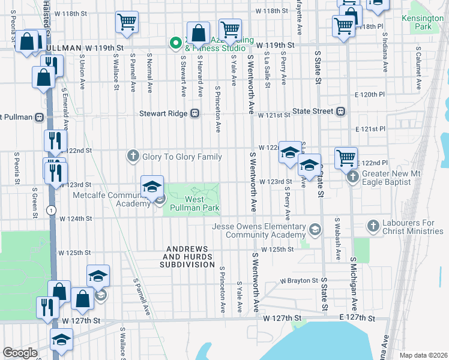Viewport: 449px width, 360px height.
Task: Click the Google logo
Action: [x=20, y=353]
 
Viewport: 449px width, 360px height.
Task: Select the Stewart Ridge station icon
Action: [x=194, y=113]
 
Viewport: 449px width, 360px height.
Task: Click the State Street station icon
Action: [x=341, y=111]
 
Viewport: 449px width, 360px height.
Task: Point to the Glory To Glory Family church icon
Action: [x=133, y=157]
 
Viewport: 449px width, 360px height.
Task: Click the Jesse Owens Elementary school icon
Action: [x=314, y=230]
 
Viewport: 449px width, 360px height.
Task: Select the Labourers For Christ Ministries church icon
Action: [x=373, y=227]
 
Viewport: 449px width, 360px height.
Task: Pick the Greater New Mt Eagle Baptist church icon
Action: [x=352, y=176]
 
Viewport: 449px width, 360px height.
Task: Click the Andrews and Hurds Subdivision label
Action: [x=187, y=256]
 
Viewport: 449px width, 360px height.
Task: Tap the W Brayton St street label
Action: [x=298, y=280]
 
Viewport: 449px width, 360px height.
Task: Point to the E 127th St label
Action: [x=357, y=318]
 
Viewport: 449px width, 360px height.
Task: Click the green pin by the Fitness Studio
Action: [x=175, y=43]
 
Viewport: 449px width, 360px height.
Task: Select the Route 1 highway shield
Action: [x=52, y=209]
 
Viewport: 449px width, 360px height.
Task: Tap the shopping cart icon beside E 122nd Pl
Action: [x=346, y=158]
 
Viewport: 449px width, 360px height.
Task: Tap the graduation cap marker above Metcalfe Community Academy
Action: [x=152, y=186]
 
